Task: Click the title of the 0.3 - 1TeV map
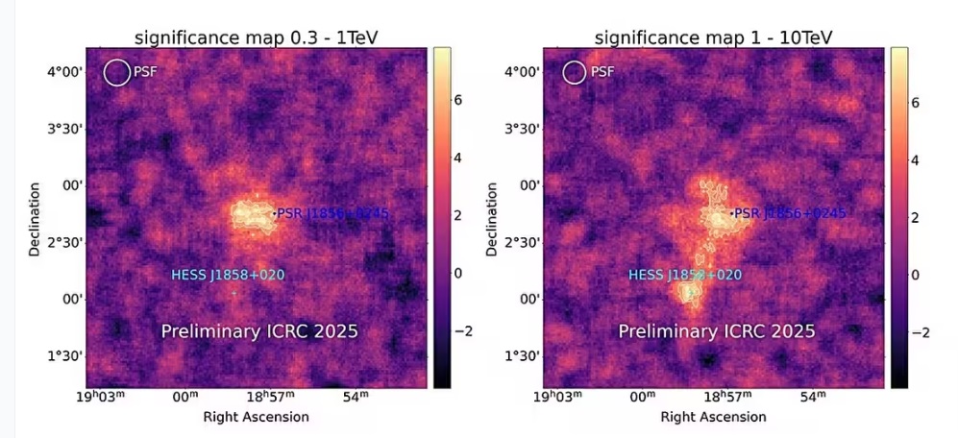[x=257, y=37]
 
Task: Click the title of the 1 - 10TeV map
[x=714, y=37]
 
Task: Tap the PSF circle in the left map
[x=117, y=72]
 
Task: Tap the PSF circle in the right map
[x=574, y=72]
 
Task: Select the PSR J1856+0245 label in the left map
[x=332, y=213]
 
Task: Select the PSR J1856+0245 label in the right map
[x=790, y=213]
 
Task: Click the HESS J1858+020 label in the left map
[x=228, y=276]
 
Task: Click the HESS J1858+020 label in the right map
[x=685, y=276]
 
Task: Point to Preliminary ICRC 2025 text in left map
[x=259, y=332]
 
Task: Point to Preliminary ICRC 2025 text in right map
[x=717, y=332]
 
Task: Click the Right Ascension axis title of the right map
[x=714, y=417]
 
